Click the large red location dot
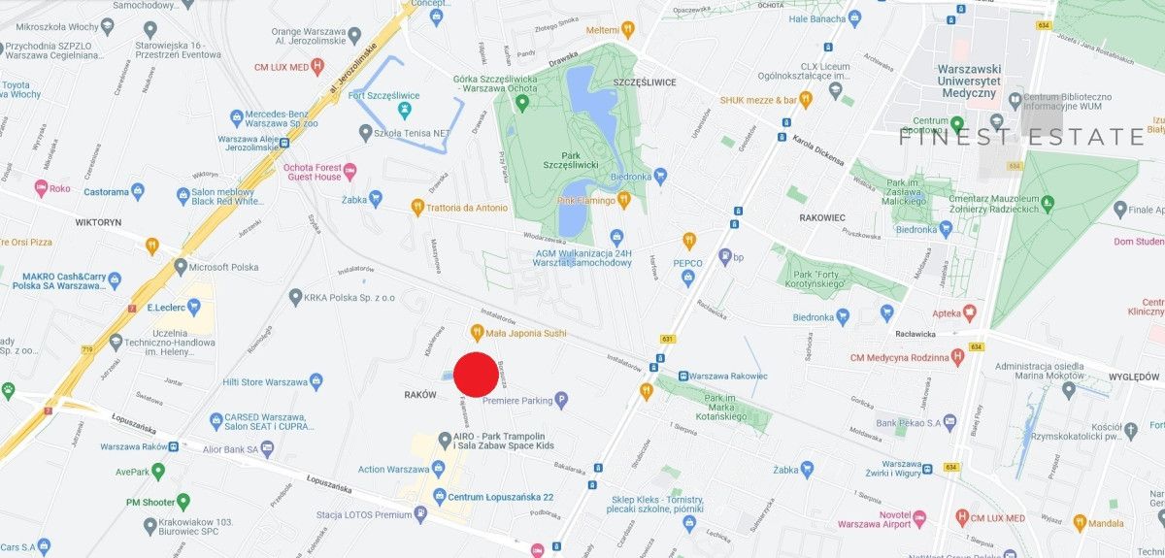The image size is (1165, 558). [x=477, y=375]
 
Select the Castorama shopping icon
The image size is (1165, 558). [x=137, y=190]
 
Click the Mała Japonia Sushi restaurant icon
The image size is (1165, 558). [x=477, y=333]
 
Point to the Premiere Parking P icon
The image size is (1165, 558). [x=561, y=400]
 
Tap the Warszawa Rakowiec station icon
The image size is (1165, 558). [x=683, y=376]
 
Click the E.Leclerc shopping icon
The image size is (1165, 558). [x=193, y=308]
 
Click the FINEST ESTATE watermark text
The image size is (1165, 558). [x=1020, y=137]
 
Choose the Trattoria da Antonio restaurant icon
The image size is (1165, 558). [x=417, y=207]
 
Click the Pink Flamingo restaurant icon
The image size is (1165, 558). [x=625, y=200]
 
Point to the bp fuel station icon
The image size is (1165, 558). [x=724, y=256]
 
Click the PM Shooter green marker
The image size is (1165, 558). [x=183, y=502]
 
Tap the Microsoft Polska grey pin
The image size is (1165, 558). [x=180, y=266]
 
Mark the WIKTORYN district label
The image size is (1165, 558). [x=98, y=222]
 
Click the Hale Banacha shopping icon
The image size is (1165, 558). [x=854, y=17]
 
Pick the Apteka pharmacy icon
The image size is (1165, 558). [x=969, y=313]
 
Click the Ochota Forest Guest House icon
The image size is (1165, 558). [x=349, y=172]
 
